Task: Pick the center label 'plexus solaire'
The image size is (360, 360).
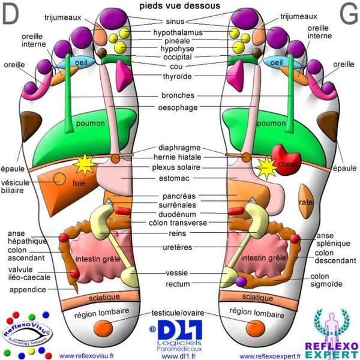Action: click(x=180, y=167)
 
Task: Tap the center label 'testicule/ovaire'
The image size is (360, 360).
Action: click(x=181, y=313)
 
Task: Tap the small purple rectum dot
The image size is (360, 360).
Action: click(x=241, y=281)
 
